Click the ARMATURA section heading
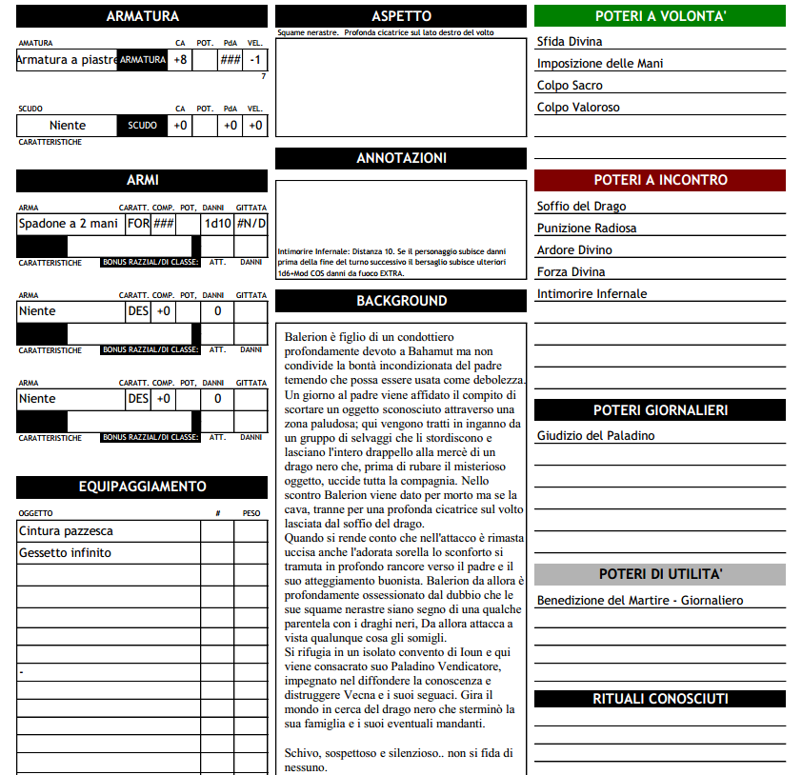pyautogui.click(x=142, y=16)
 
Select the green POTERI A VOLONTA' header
pyautogui.click(x=659, y=16)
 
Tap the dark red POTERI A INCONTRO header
pyautogui.click(x=659, y=180)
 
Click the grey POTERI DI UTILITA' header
pyautogui.click(x=659, y=574)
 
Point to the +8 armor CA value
pyautogui.click(x=180, y=60)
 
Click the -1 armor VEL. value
pyautogui.click(x=254, y=60)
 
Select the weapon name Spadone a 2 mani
pyautogui.click(x=69, y=224)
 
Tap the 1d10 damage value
pyautogui.click(x=217, y=224)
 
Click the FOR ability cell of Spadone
pyautogui.click(x=138, y=224)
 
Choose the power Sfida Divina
pyautogui.click(x=570, y=42)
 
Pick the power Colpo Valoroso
pyautogui.click(x=578, y=108)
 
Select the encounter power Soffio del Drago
pyautogui.click(x=581, y=207)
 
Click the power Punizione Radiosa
pyautogui.click(x=587, y=229)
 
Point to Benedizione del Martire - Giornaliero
pyautogui.click(x=640, y=601)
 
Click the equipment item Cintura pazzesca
pyautogui.click(x=66, y=531)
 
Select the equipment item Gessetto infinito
pyautogui.click(x=65, y=553)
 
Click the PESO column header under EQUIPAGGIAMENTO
pyautogui.click(x=251, y=513)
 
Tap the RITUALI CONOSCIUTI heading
pyautogui.click(x=659, y=699)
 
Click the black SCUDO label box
pyautogui.click(x=142, y=126)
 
